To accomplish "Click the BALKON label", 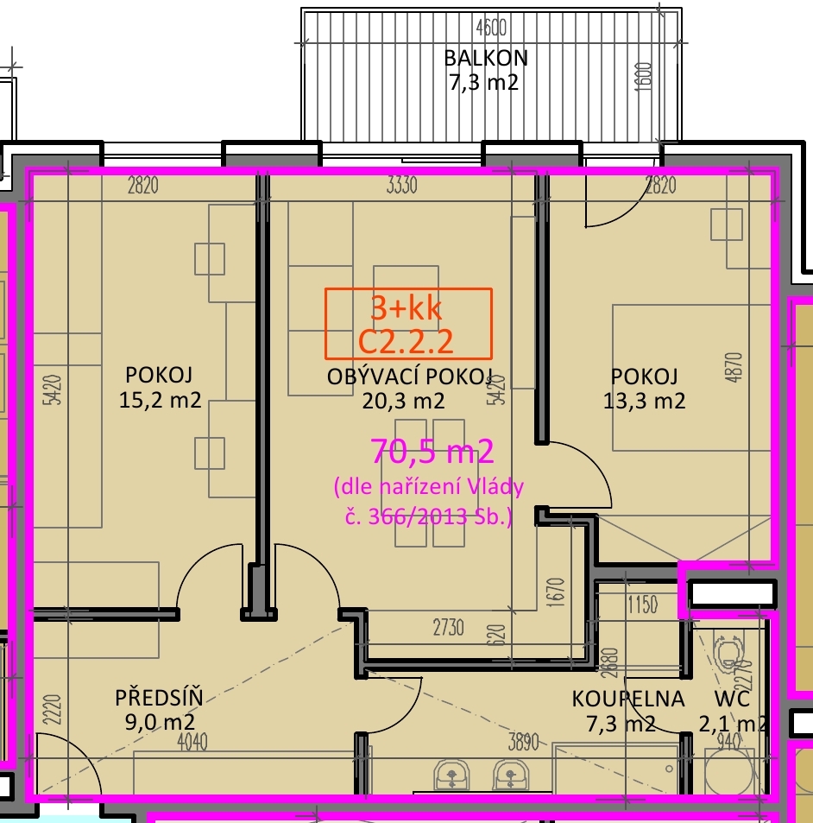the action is tap(486, 58).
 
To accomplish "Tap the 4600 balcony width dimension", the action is tap(491, 28).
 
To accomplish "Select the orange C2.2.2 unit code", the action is tap(406, 342).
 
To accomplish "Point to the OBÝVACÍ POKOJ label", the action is tap(410, 377).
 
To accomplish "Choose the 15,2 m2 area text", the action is tap(160, 400).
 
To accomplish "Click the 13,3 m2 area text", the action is tap(644, 401).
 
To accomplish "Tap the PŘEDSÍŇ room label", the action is tap(159, 697).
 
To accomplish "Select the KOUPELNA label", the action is tap(628, 699).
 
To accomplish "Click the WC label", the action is tap(732, 699).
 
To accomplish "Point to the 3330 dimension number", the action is tap(402, 186).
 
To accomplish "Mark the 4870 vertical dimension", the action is tap(735, 367).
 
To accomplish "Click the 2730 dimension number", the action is tap(449, 628).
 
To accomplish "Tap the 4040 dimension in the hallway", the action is tap(192, 742).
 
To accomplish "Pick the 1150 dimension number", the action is tap(642, 605).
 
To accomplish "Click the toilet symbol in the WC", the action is tap(728, 653).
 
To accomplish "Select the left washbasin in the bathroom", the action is tap(451, 774).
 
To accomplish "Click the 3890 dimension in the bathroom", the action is tap(524, 742).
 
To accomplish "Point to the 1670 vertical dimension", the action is tap(556, 593).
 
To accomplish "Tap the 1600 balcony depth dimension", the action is tap(644, 77).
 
